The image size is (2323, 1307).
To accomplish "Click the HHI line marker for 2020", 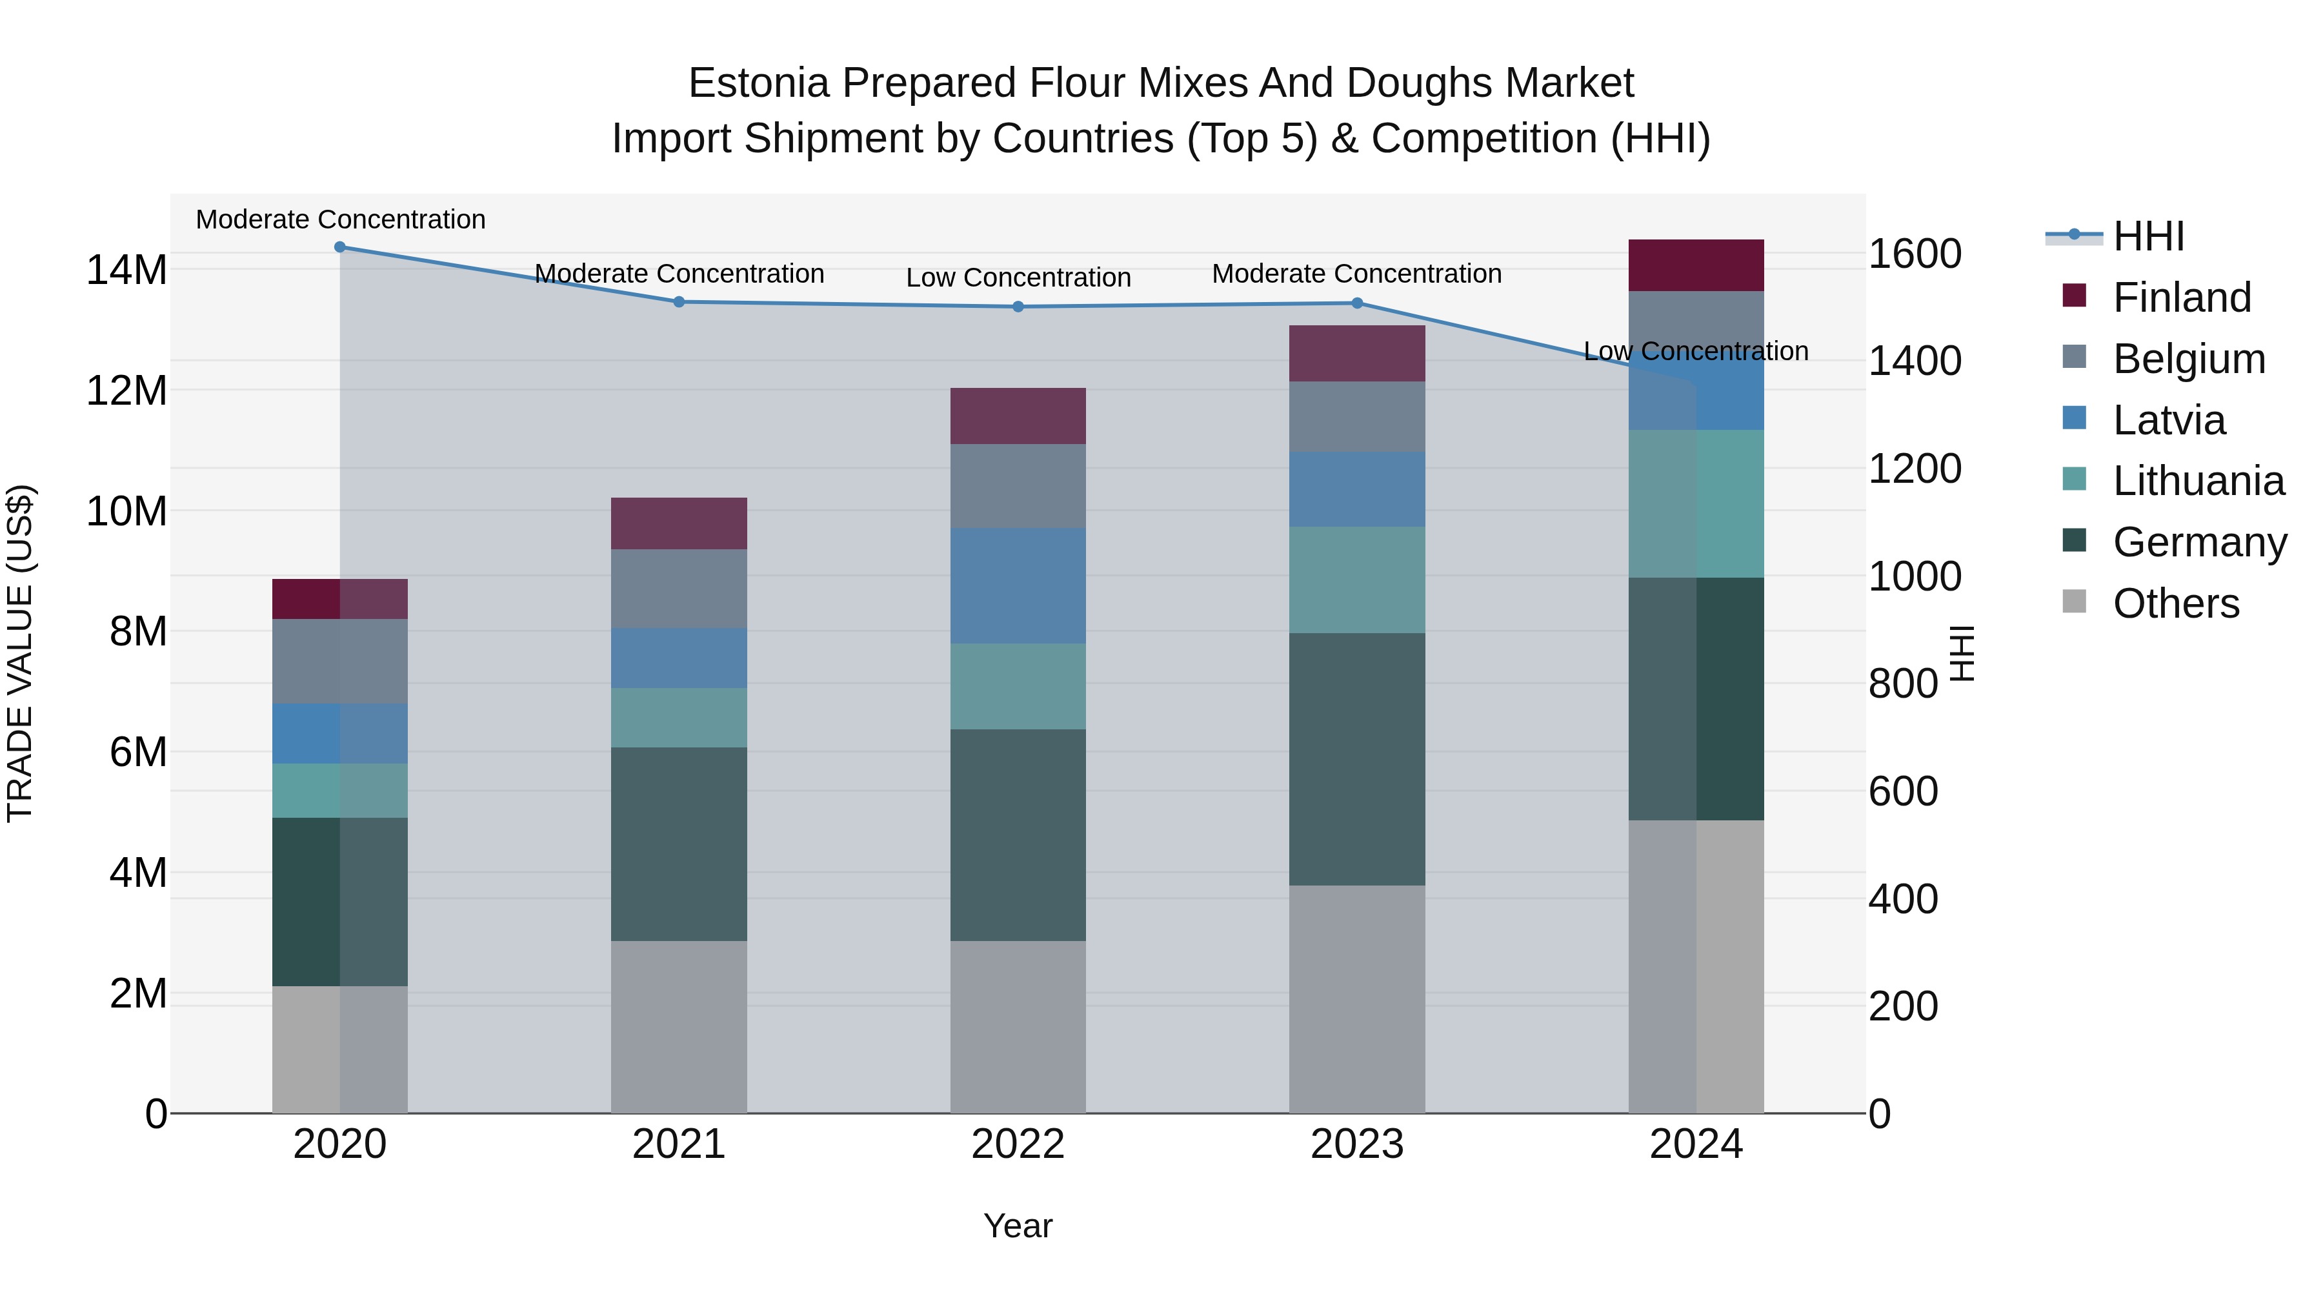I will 340,247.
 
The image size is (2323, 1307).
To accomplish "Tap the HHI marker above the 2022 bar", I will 1018,307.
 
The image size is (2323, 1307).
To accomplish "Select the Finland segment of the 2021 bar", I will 679,523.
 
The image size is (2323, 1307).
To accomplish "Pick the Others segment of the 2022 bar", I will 1018,1026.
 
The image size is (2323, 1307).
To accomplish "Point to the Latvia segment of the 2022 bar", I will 1018,585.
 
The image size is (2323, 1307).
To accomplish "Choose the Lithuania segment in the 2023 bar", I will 1357,580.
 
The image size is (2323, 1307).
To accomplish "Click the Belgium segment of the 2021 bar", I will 679,588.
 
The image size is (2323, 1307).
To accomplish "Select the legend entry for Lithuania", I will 2198,481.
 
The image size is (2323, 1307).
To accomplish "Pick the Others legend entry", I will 2175,603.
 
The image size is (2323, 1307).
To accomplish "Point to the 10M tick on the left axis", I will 126,511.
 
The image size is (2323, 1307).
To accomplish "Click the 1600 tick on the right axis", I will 1914,254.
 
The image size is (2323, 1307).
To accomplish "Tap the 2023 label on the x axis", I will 1357,1144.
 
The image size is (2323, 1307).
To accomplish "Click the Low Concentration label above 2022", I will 1018,278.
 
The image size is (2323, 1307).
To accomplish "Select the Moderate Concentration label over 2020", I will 340,219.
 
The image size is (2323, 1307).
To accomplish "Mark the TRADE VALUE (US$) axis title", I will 20,653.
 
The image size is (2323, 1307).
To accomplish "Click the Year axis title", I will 1018,1226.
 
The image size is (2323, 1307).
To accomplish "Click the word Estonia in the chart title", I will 758,83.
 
